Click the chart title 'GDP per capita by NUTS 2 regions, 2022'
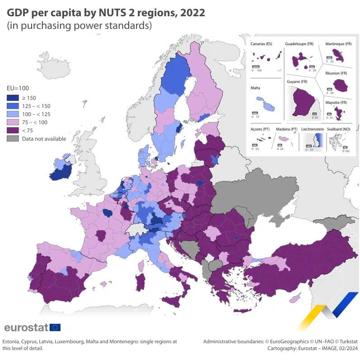click(x=106, y=12)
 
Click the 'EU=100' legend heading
click(x=18, y=88)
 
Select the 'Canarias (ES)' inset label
click(x=261, y=44)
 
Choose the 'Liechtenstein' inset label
click(x=312, y=129)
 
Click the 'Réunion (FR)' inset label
click(x=337, y=73)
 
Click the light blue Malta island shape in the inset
click(x=269, y=107)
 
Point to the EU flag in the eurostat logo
click(x=56, y=327)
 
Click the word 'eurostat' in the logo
click(x=26, y=327)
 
